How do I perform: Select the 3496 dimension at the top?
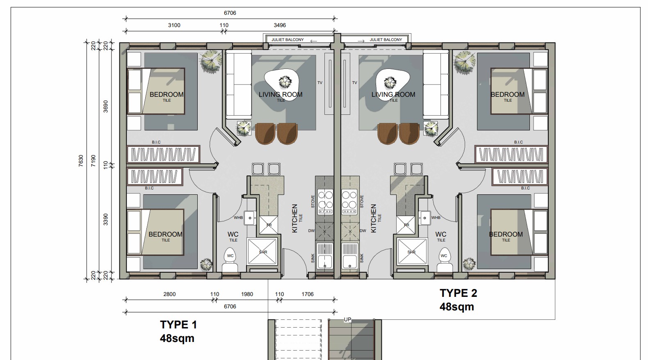(x=280, y=25)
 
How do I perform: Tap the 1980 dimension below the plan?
(x=247, y=294)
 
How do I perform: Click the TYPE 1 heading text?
(x=178, y=325)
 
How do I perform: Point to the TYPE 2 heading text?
(x=458, y=293)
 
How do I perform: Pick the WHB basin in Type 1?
(x=250, y=218)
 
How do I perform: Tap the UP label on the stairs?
(x=347, y=320)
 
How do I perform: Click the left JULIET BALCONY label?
(x=287, y=40)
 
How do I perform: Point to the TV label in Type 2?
(x=354, y=83)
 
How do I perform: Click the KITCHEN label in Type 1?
(x=294, y=219)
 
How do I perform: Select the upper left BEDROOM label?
(x=167, y=94)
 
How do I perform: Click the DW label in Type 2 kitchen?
(x=363, y=231)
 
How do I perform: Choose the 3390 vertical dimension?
(x=106, y=219)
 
